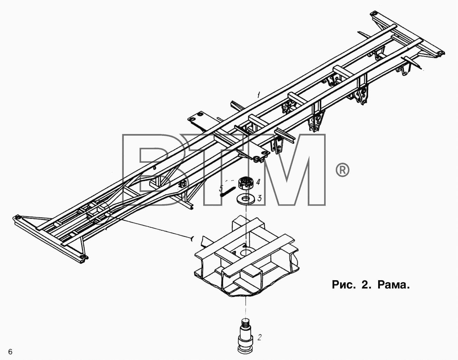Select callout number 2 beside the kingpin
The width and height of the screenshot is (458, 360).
click(x=259, y=338)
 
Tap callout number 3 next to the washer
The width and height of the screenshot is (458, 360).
click(x=260, y=198)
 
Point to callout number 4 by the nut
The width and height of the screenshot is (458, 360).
click(x=258, y=182)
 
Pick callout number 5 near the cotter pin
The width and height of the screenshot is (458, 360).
click(x=221, y=188)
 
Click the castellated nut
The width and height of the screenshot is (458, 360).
click(x=245, y=183)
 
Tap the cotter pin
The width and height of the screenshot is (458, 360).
click(x=228, y=191)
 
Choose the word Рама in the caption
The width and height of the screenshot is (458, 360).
click(x=393, y=285)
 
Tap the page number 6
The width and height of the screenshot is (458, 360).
click(x=10, y=352)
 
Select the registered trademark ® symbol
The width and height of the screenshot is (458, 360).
click(x=343, y=170)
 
